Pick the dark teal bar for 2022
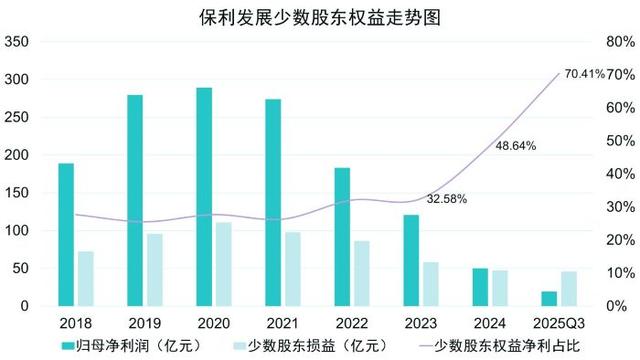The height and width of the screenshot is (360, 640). [x=342, y=235]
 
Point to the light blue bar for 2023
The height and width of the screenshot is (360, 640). [x=431, y=282]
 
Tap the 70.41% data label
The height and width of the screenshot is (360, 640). [x=584, y=74]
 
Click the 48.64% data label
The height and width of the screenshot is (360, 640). [x=516, y=145]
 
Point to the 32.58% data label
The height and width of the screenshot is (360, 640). [x=447, y=199]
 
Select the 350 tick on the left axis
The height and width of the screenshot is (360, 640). [x=17, y=42]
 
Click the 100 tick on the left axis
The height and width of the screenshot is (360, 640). [x=17, y=231]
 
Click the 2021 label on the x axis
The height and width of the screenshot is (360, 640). [x=283, y=323]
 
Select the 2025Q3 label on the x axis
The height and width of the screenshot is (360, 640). [x=558, y=323]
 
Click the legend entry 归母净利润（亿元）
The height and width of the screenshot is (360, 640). [x=125, y=346]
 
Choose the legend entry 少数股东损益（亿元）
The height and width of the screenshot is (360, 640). [x=309, y=346]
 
